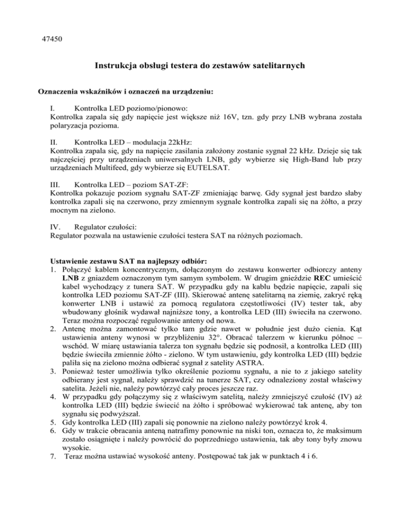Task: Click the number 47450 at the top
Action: click(x=51, y=39)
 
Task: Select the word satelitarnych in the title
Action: click(x=281, y=66)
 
